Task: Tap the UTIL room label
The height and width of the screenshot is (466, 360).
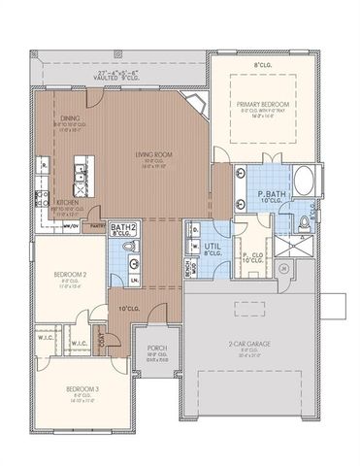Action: coord(213,247)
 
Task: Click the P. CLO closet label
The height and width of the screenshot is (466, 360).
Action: coord(253,255)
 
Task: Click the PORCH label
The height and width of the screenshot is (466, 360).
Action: coord(157,349)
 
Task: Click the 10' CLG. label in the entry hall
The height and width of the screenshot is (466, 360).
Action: coord(126,309)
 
